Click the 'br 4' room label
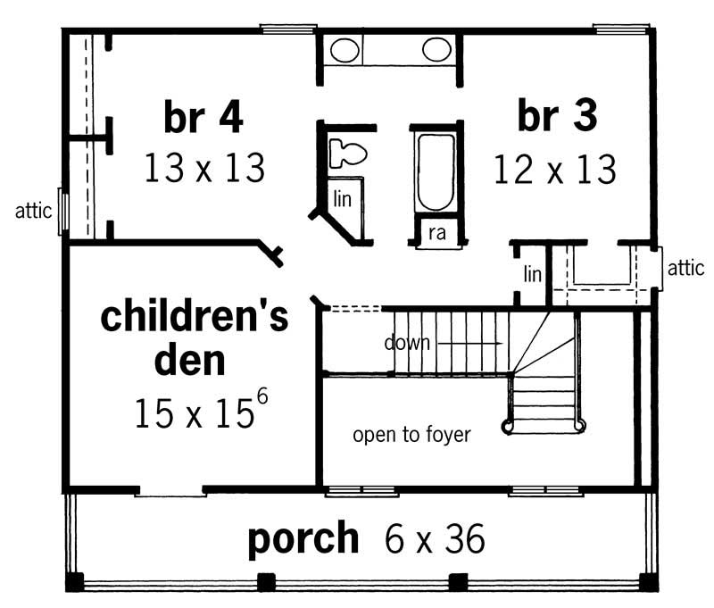pos(203,117)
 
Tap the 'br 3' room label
pos(557,117)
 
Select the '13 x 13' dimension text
pos(204,167)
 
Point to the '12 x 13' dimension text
pos(555,168)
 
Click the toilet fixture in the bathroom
pos(346,153)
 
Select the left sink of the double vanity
pos(345,49)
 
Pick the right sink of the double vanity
pos(436,49)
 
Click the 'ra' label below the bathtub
pos(436,233)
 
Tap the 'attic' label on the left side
pos(33,212)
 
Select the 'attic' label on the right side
pos(685,266)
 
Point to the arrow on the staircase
pos(469,342)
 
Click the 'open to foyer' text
pos(411,436)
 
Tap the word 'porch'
pos(303,538)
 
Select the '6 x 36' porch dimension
pos(435,539)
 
